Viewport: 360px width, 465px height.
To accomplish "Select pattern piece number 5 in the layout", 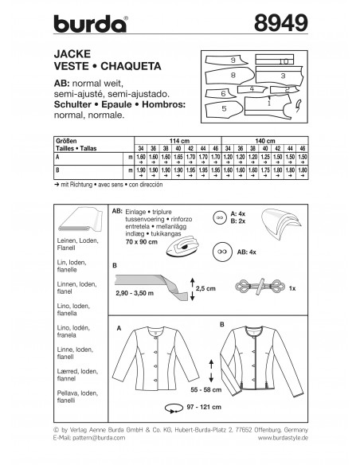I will pyautogui.click(x=225, y=106).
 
